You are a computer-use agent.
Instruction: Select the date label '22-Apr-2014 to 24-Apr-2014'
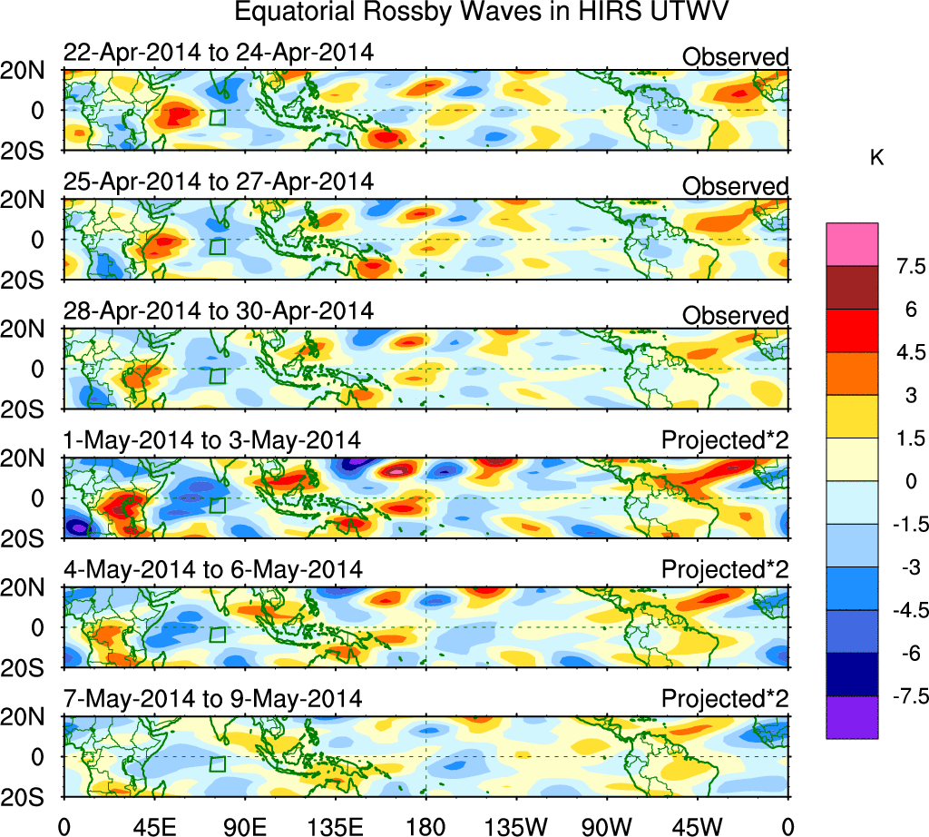click(x=218, y=54)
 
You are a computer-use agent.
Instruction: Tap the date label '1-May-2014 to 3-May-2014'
click(x=212, y=441)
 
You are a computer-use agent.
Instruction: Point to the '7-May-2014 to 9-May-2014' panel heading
click(x=212, y=699)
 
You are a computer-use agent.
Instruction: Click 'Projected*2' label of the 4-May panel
click(x=725, y=570)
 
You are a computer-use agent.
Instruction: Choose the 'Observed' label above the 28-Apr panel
click(x=735, y=315)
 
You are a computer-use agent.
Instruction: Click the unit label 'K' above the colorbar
click(x=876, y=158)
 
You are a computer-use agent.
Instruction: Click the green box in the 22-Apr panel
click(x=217, y=117)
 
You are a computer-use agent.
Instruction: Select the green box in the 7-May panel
click(x=217, y=764)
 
